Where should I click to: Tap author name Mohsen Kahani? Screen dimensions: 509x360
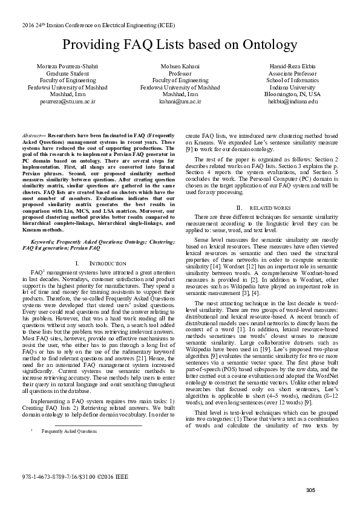click(x=180, y=65)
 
